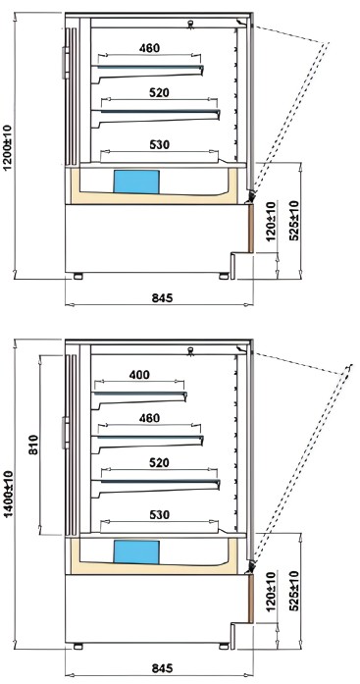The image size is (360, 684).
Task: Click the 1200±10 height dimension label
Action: coord(8,147)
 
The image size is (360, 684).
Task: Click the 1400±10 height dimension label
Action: coord(8,493)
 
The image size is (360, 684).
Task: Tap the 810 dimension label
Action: coord(33,445)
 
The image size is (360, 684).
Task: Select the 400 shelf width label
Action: coord(139,374)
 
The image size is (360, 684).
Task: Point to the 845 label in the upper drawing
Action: coord(162,298)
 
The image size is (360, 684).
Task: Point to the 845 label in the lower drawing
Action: coord(162,668)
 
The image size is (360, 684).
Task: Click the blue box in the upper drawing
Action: coord(136,182)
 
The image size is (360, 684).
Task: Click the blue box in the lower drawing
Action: coord(136,552)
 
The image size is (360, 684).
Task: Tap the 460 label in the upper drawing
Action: coord(149,48)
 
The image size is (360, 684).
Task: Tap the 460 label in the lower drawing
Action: coord(149,418)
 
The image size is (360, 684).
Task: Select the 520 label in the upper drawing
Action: coord(159,92)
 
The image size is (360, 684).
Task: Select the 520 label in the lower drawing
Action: coord(159,462)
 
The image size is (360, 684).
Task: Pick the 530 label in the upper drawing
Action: coord(159,144)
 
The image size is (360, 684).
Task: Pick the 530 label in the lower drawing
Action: coord(159,515)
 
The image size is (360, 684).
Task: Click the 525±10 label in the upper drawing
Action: coord(293,220)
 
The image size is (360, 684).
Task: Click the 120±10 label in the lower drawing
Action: coord(270,592)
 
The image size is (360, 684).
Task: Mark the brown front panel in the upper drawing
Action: coord(251,228)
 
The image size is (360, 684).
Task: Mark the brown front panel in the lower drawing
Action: coord(251,599)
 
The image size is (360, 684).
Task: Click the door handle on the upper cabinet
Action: coord(66,63)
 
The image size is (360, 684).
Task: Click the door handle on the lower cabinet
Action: coord(66,433)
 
